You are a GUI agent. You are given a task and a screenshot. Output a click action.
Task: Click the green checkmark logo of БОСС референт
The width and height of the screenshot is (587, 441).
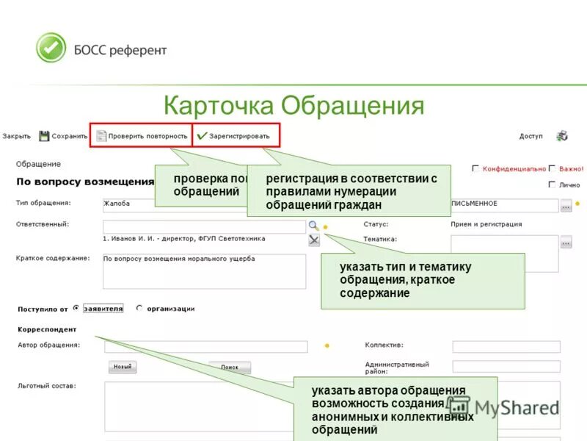[51, 48]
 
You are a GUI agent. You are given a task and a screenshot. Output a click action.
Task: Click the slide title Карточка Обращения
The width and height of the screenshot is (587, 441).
[293, 105]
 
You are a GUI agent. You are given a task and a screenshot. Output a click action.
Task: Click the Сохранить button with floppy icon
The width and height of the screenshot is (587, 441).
[64, 136]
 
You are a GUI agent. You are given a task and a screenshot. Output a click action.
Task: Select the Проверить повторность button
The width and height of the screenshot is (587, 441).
[141, 136]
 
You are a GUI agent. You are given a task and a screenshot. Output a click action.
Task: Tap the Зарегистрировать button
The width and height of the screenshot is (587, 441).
[234, 136]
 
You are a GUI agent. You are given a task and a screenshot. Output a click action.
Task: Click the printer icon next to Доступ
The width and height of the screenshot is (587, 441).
[562, 136]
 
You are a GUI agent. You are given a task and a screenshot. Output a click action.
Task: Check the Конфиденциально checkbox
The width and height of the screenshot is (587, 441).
[476, 168]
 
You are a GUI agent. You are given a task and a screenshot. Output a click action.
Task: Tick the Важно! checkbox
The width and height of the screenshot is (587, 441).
[552, 168]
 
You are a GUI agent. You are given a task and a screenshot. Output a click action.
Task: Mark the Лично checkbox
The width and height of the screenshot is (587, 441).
[552, 184]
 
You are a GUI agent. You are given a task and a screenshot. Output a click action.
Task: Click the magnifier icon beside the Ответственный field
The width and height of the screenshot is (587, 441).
[313, 226]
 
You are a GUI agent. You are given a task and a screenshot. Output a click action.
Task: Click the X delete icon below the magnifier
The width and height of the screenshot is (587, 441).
[314, 240]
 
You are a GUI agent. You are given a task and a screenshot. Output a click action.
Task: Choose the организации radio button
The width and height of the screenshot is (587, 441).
[139, 309]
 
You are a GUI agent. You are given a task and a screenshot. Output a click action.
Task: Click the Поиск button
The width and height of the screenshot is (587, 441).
[230, 367]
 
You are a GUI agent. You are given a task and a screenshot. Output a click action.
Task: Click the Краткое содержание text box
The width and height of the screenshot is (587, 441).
[204, 271]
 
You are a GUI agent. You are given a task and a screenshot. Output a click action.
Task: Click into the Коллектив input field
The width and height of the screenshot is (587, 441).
[506, 347]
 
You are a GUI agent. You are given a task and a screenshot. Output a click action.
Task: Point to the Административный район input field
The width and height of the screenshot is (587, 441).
[506, 366]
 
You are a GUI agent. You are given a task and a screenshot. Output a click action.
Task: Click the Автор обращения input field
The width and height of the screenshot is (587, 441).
[205, 347]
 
